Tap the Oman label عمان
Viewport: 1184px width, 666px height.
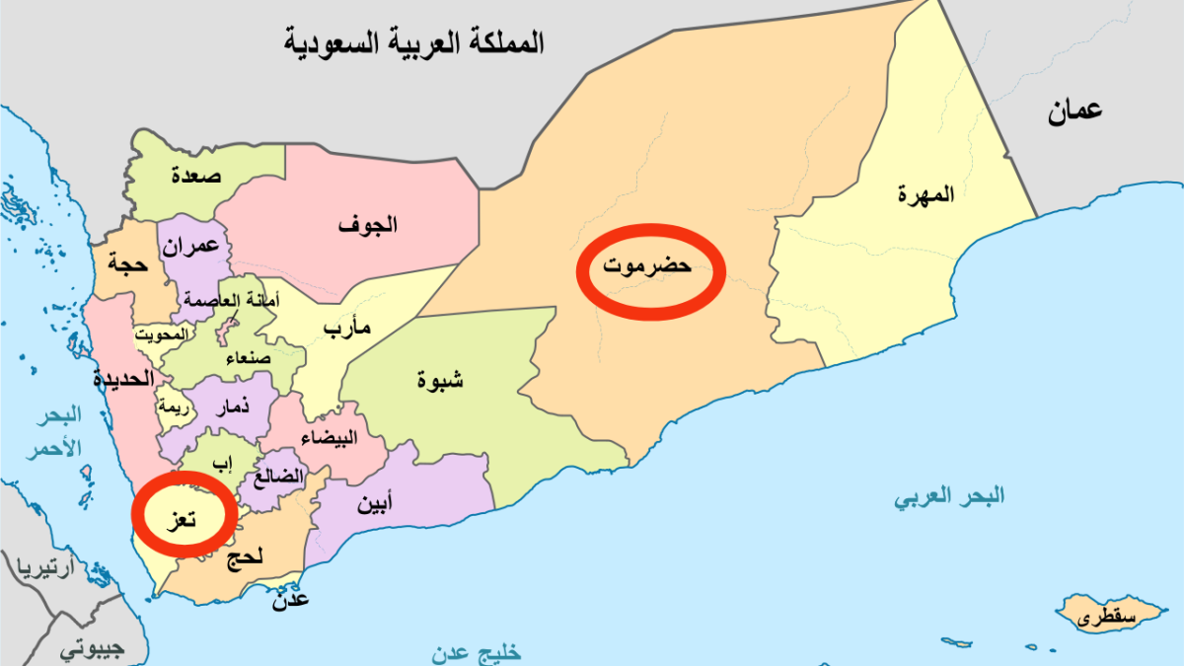(x=1074, y=112)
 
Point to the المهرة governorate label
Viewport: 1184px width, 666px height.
(x=926, y=194)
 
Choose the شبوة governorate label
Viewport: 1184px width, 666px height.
(x=440, y=380)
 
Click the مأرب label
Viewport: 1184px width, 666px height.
(x=347, y=329)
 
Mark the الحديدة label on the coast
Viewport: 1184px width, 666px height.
(x=124, y=378)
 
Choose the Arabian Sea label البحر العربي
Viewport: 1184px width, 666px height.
(x=950, y=496)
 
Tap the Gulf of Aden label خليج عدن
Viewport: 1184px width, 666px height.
(x=476, y=652)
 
